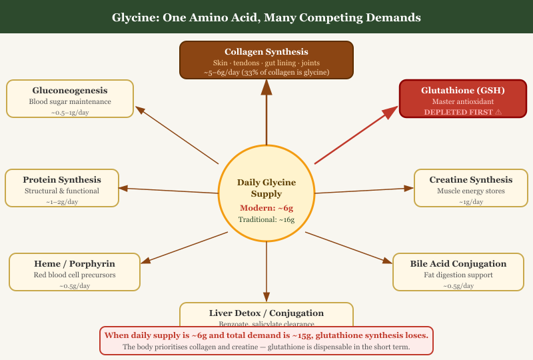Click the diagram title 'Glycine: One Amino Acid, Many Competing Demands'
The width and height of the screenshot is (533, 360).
[266, 17]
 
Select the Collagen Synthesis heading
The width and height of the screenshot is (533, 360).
[266, 51]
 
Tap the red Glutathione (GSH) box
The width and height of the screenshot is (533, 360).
[462, 99]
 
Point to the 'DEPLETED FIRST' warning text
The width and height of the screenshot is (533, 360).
[462, 112]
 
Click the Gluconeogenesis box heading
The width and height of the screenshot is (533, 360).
[70, 90]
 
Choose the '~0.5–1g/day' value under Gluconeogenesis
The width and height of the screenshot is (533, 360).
[70, 113]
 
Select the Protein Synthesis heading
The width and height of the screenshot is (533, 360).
[62, 179]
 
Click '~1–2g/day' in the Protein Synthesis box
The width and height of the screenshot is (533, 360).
[62, 201]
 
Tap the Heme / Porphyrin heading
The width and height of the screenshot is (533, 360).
[75, 263]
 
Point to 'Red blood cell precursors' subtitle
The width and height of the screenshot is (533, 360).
[75, 275]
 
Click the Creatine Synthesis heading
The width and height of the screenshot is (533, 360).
[471, 179]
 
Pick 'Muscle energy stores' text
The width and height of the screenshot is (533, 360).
[471, 191]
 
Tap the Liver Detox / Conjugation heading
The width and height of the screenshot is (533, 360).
[266, 313]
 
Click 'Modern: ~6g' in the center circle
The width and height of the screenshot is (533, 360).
[266, 208]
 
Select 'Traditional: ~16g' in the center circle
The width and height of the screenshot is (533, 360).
[266, 219]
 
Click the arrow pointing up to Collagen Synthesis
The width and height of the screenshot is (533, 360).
[266, 113]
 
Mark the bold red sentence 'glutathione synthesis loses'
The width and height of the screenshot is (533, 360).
[266, 335]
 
